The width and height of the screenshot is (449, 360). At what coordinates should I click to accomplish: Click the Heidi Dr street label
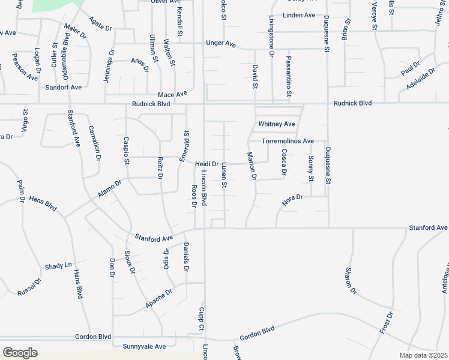pos(206,163)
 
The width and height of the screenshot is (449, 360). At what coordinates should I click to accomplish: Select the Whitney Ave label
pos(277,124)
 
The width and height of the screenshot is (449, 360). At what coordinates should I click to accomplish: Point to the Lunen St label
pos(223,175)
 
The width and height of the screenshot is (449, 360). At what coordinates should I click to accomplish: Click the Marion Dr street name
pos(252,166)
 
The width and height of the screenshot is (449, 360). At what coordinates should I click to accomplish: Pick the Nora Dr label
pos(294,200)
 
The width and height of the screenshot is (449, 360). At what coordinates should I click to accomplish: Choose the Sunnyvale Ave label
pos(144,347)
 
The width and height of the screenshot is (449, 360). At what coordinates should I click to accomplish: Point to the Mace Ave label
pos(172,94)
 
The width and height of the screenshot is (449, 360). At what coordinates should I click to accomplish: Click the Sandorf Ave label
pos(64,88)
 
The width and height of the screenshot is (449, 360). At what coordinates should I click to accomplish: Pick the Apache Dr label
pos(158,299)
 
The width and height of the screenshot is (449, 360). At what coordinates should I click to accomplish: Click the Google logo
pos(20,353)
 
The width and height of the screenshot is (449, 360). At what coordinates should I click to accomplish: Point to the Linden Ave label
pos(299,14)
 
